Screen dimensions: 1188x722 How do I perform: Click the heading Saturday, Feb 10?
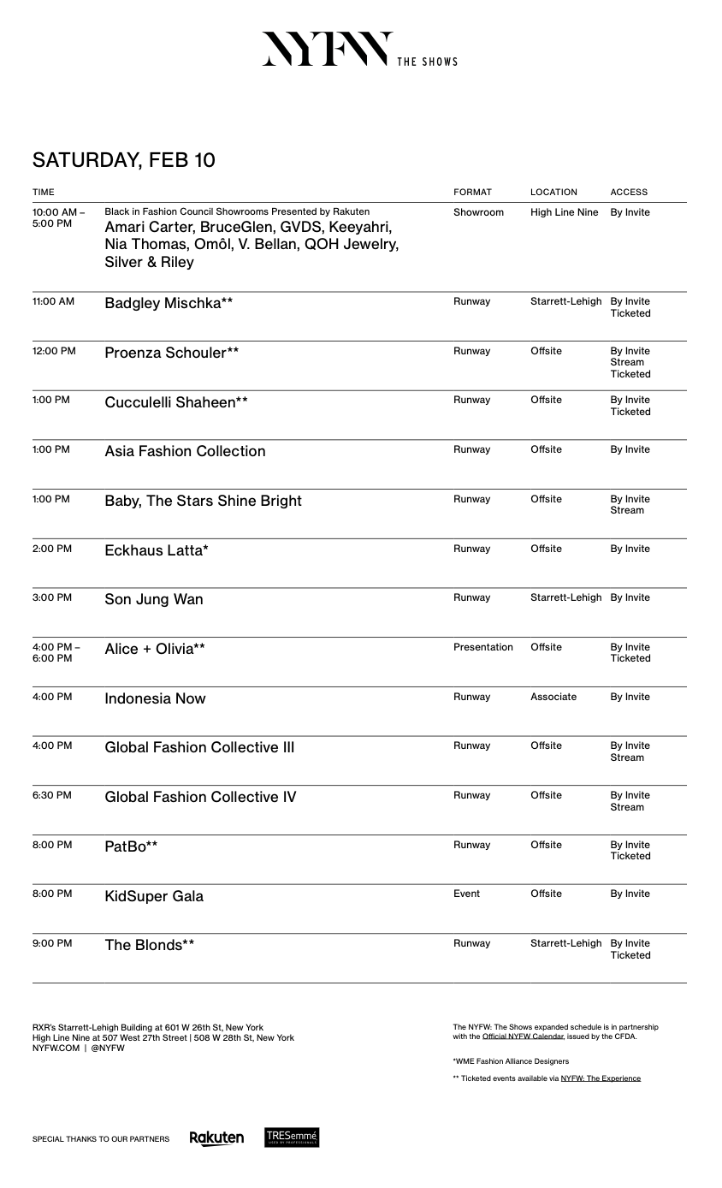point(124,160)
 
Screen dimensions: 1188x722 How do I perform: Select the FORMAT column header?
point(472,193)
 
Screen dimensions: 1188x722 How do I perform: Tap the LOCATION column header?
point(553,193)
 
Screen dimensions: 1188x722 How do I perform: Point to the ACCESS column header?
point(629,193)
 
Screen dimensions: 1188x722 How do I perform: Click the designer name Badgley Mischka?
point(169,303)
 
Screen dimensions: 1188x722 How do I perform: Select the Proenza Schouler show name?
point(171,353)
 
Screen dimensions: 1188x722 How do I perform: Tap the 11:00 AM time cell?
point(53,301)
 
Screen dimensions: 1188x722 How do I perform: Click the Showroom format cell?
point(478,212)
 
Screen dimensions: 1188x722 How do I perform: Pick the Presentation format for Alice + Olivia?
point(482,647)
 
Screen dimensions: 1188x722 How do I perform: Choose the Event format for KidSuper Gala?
point(466,894)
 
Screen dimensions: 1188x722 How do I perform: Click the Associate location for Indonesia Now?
point(553,697)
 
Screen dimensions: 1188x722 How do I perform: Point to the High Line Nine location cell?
point(564,212)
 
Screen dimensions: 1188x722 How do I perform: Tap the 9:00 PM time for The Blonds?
point(52,943)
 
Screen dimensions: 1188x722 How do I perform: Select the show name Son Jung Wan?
point(154,599)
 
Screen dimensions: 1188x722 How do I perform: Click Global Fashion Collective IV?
point(200,797)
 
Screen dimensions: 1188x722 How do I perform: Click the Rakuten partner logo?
point(216,1138)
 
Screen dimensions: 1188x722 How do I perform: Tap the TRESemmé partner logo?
point(292,1138)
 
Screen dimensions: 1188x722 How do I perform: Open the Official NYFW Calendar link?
point(523,1037)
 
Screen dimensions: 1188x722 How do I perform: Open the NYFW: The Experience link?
point(601,1078)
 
